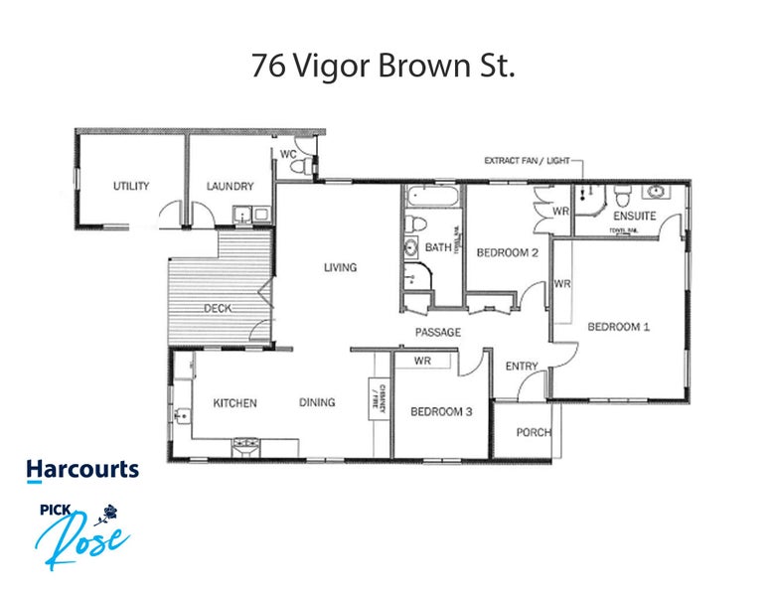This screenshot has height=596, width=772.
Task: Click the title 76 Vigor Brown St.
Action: (386, 67)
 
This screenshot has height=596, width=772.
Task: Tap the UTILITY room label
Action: (130, 186)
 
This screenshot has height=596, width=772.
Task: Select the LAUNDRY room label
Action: (230, 186)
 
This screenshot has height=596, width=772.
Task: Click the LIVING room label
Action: (339, 267)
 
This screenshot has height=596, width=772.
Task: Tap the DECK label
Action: (218, 308)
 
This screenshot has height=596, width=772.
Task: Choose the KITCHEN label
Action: (235, 402)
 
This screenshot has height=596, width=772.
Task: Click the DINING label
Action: (318, 402)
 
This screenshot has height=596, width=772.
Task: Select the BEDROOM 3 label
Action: (440, 411)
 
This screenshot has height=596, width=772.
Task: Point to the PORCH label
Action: (534, 432)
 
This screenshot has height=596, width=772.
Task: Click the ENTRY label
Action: (522, 367)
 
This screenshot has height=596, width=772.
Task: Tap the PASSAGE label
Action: (438, 332)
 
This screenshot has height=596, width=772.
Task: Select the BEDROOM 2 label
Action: (507, 252)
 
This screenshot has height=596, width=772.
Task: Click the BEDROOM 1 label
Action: (618, 326)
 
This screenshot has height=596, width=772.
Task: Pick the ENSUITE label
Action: (633, 216)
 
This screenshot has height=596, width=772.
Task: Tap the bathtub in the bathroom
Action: (433, 196)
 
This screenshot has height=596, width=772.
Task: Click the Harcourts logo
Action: (82, 469)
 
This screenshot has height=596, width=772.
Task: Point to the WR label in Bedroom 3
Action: (422, 361)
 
